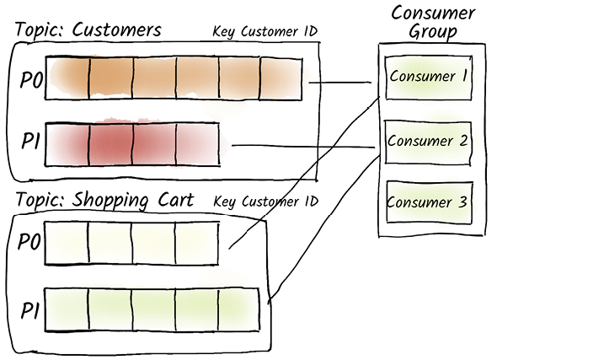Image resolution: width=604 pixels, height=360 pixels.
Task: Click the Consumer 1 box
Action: point(428,78)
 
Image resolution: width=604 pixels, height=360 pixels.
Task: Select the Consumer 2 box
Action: point(428,142)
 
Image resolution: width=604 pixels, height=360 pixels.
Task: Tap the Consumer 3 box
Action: point(429,202)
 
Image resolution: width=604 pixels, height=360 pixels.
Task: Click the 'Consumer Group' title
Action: point(433,23)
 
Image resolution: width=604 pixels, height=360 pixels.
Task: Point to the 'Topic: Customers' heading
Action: point(88,30)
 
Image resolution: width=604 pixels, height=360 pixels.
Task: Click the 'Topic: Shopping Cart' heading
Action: point(104,201)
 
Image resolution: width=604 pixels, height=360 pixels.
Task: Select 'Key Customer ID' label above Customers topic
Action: point(265,31)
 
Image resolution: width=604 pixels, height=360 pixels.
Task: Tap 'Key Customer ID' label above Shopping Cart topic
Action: point(266,201)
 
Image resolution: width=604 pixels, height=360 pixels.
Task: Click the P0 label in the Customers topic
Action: point(31,81)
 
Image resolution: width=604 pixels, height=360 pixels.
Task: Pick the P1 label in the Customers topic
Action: point(31,141)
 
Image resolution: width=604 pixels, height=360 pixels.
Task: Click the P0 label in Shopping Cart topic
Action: point(29,242)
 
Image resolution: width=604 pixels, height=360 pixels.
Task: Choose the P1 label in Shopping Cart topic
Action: point(30,310)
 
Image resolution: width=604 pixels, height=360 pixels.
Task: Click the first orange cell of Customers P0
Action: point(67,78)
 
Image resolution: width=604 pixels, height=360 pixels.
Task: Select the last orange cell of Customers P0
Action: point(281,78)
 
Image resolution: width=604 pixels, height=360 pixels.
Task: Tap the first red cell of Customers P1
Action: point(67,144)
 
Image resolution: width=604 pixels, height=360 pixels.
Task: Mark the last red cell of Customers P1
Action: point(198,144)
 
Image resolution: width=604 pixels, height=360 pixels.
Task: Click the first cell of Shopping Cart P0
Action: point(67,243)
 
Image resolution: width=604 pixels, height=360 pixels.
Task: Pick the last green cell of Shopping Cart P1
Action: point(239,309)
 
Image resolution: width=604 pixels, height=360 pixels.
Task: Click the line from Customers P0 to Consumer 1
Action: point(340,82)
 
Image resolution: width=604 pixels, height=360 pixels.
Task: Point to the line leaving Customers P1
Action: point(303,146)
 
